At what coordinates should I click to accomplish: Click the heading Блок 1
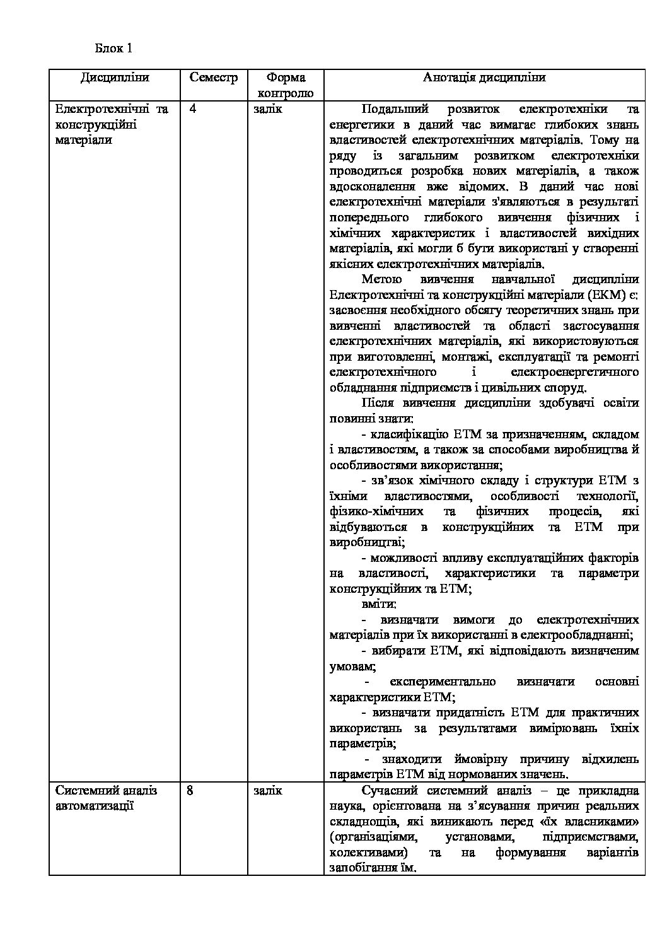click(x=114, y=48)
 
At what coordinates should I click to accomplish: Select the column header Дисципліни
click(x=115, y=78)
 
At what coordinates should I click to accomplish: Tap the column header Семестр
click(x=214, y=78)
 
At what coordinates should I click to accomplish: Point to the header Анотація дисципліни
click(x=484, y=78)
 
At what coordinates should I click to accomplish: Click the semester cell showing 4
click(x=193, y=109)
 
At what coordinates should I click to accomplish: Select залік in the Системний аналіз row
click(x=268, y=791)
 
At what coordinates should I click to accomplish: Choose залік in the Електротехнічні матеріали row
click(x=268, y=109)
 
